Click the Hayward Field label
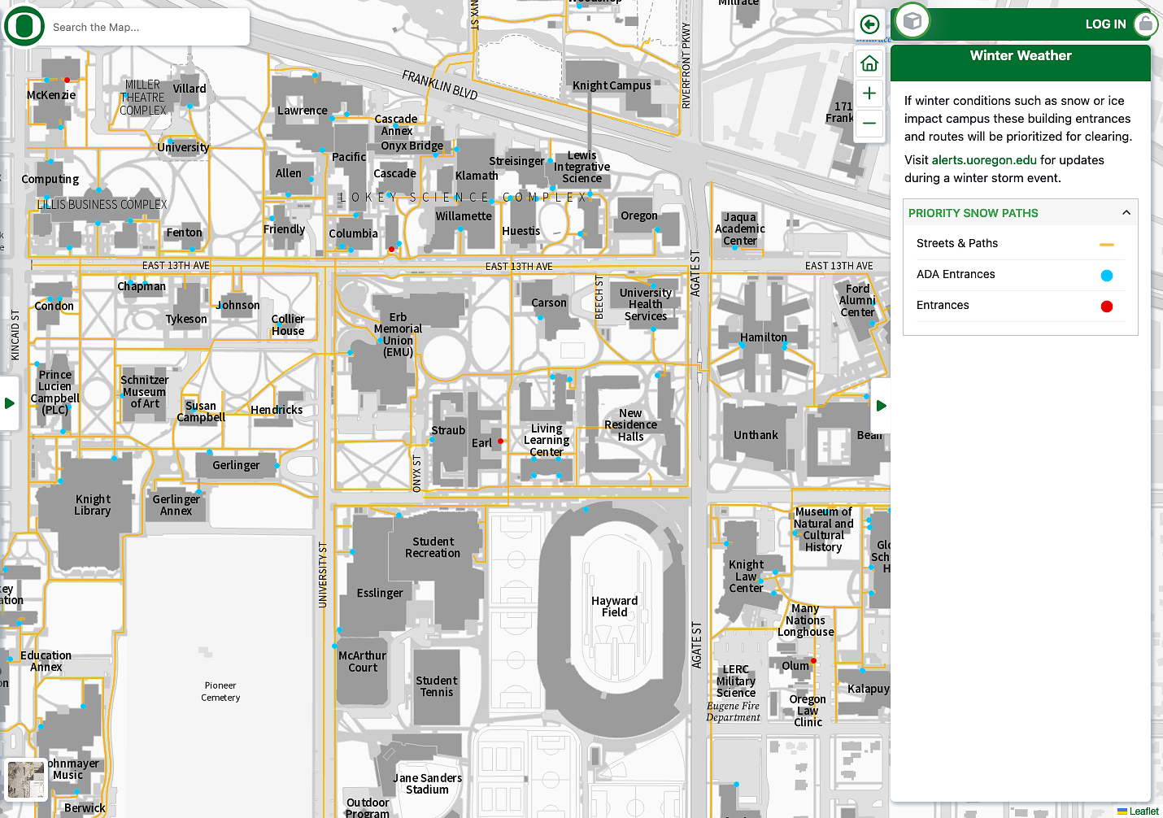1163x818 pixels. pos(615,607)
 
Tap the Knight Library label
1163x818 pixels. pos(93,505)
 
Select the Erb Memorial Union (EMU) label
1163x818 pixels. pos(398,334)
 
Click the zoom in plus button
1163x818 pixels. pos(869,94)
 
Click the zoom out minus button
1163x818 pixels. pos(869,124)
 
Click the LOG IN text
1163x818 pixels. pos(1105,24)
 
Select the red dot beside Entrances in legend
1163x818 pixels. pos(1106,307)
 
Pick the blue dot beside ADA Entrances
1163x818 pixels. pos(1106,276)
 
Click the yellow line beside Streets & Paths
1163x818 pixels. pos(1106,245)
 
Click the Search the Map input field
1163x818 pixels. pos(146,28)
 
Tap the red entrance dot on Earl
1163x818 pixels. pos(500,442)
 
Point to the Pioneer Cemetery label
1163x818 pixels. pos(220,691)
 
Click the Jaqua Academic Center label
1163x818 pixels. pos(740,228)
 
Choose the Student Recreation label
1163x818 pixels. pos(433,547)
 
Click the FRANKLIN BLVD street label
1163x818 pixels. pos(440,85)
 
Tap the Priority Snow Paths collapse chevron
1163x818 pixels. pos(1126,213)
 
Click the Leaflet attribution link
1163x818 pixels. pos(1143,811)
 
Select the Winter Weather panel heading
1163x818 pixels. pos(1021,56)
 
